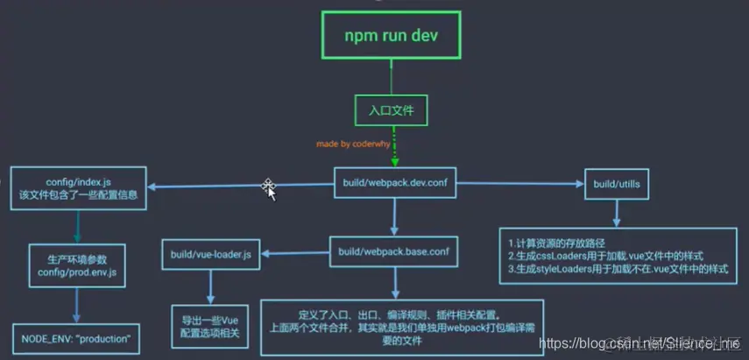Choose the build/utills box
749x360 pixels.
click(x=617, y=183)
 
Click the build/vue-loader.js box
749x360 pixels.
click(x=212, y=254)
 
